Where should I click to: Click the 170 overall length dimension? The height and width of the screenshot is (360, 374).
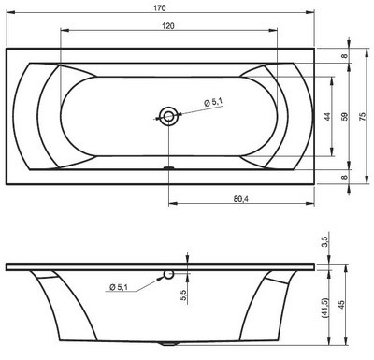click(x=165, y=7)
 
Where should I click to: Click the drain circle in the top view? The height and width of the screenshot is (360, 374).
click(x=168, y=116)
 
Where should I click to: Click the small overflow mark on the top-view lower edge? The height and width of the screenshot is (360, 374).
click(x=168, y=169)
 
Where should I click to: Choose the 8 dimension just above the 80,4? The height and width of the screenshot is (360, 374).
click(x=345, y=177)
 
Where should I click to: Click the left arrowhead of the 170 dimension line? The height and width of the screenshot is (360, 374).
click(x=8, y=15)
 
